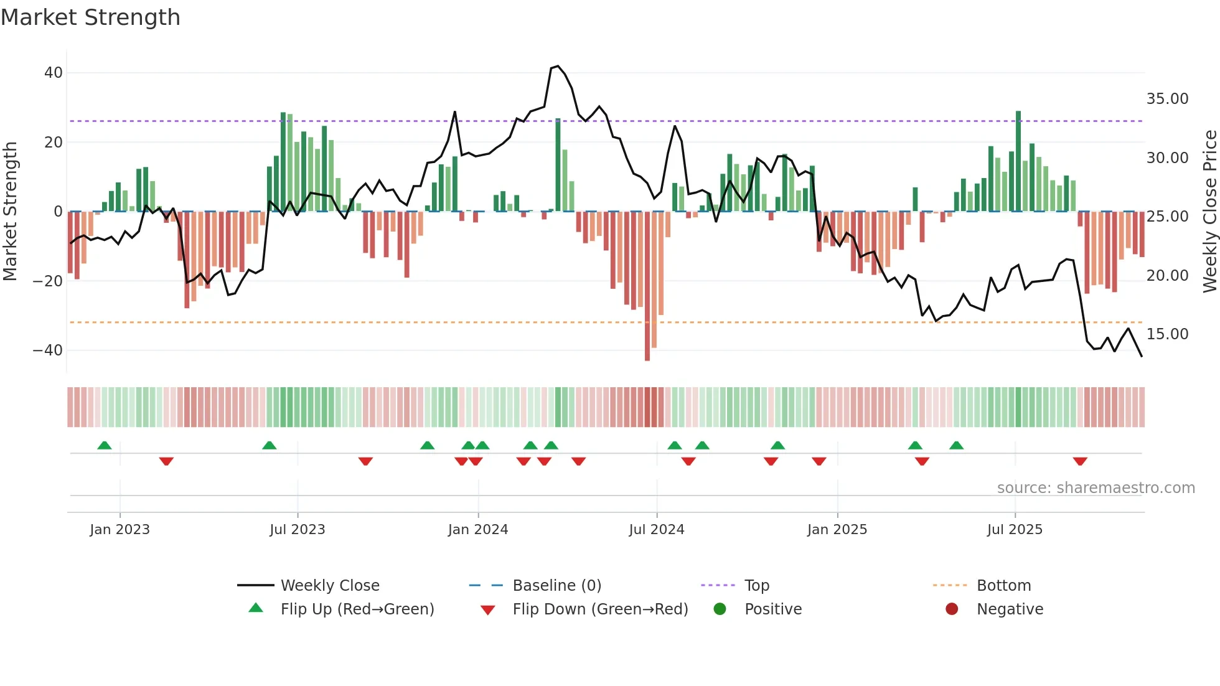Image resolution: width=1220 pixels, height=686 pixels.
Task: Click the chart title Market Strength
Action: pos(90,17)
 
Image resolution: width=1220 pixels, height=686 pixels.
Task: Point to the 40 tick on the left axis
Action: pos(54,73)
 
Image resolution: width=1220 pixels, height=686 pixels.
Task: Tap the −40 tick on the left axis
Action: pos(48,350)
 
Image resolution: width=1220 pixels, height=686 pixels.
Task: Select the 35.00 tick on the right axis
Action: pos(1167,99)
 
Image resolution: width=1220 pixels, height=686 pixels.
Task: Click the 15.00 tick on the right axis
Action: pos(1167,334)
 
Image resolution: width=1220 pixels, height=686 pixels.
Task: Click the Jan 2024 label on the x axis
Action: pos(477,530)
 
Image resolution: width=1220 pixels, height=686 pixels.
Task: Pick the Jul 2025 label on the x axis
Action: pos(1014,530)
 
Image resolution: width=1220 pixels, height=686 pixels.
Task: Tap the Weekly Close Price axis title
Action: pos(1209,211)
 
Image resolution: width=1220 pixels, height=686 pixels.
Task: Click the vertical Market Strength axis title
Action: pos(11,211)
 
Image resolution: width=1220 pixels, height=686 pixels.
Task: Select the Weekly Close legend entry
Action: pos(329,586)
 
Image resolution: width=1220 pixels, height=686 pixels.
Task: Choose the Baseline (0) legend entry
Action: pos(556,586)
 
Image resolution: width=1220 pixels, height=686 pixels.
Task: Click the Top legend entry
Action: pos(756,586)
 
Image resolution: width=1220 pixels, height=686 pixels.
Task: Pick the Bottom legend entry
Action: pos(1003,586)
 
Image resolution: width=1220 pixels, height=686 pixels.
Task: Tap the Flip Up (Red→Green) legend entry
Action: pos(357,609)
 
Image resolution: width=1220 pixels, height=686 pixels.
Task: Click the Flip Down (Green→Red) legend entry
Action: pos(599,609)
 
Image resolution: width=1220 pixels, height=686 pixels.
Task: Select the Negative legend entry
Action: pos(1009,609)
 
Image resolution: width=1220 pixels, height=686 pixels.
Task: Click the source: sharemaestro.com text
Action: pos(1096,488)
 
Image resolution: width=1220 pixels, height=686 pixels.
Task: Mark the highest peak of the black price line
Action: pos(558,66)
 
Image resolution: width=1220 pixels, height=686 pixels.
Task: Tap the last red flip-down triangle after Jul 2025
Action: pos(1080,461)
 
